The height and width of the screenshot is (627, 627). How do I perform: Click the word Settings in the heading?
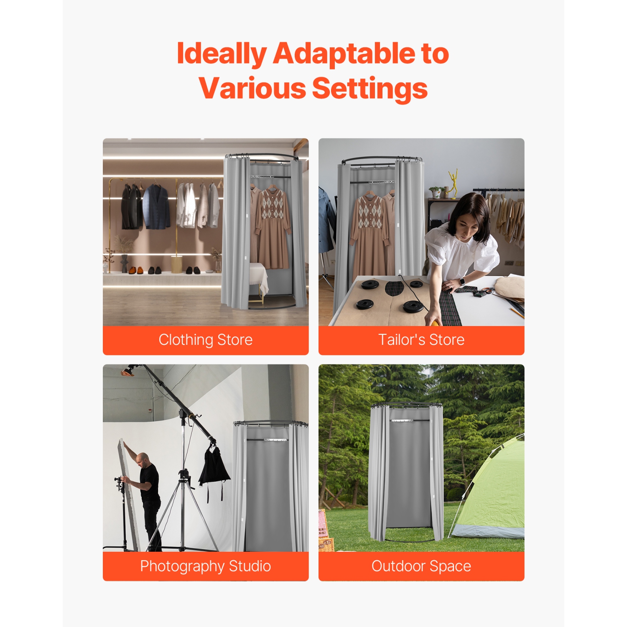coord(370,89)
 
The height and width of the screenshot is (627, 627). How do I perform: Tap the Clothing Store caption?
coord(205,340)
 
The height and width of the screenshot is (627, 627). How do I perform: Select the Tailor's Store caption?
coord(421,340)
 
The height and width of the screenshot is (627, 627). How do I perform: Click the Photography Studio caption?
coord(205,566)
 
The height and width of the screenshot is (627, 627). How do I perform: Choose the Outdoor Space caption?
coord(421,566)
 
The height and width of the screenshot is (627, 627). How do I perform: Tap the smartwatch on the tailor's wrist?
coord(463,282)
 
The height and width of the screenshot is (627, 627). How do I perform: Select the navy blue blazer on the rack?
coord(156,207)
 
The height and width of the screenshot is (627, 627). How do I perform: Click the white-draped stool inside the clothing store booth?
coord(259,278)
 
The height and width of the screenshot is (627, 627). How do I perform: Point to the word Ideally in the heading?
coord(222,54)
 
